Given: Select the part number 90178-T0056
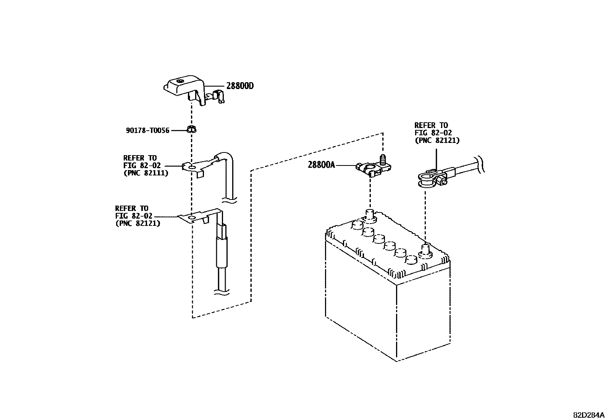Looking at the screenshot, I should pos(147,130).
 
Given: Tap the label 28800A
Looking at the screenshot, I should pos(322,165).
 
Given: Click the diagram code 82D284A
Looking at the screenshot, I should pos(589,415).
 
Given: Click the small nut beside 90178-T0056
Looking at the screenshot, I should pos(192,129).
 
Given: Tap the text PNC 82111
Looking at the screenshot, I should pos(146,173).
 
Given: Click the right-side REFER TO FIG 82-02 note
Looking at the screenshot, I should pos(437,133).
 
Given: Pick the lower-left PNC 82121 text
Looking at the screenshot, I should pos(137,223).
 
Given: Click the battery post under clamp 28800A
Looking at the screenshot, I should pos(369,215).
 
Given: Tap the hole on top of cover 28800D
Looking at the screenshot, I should pos(181,81).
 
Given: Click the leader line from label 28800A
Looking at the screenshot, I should pos(346,165).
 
